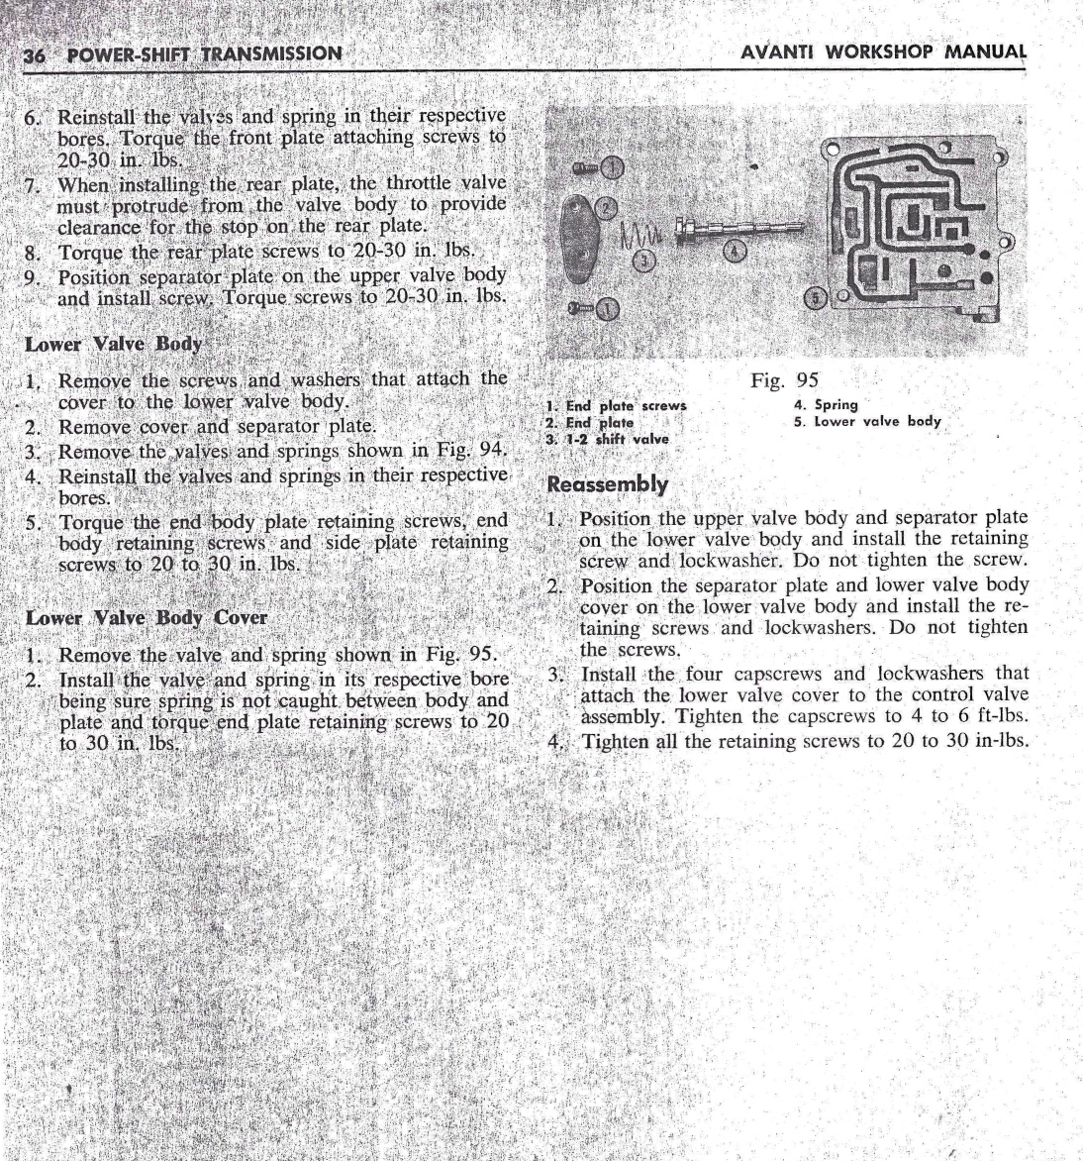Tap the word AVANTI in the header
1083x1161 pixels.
[x=781, y=51]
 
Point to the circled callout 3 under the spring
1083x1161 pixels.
[x=645, y=260]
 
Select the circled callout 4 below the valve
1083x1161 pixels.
[x=735, y=249]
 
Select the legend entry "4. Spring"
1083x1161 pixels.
[x=826, y=404]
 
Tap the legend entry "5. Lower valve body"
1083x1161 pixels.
[x=867, y=421]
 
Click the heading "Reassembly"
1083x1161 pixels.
[x=608, y=485]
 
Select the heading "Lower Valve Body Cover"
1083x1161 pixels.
[x=147, y=618]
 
